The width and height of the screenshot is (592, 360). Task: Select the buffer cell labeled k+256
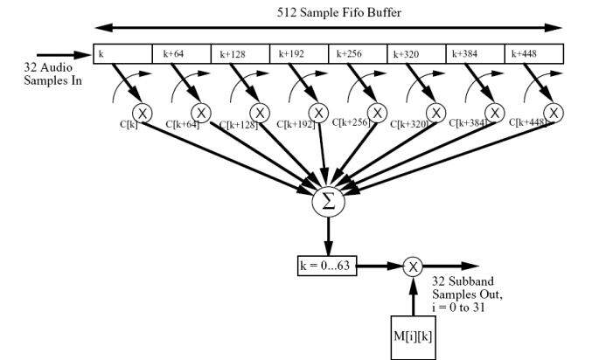[x=357, y=54]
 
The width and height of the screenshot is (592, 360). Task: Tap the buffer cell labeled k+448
[x=533, y=54]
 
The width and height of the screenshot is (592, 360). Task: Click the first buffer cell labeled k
[x=123, y=54]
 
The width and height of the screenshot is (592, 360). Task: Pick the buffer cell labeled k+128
[x=240, y=54]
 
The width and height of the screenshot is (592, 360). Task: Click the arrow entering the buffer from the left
[x=65, y=54]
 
